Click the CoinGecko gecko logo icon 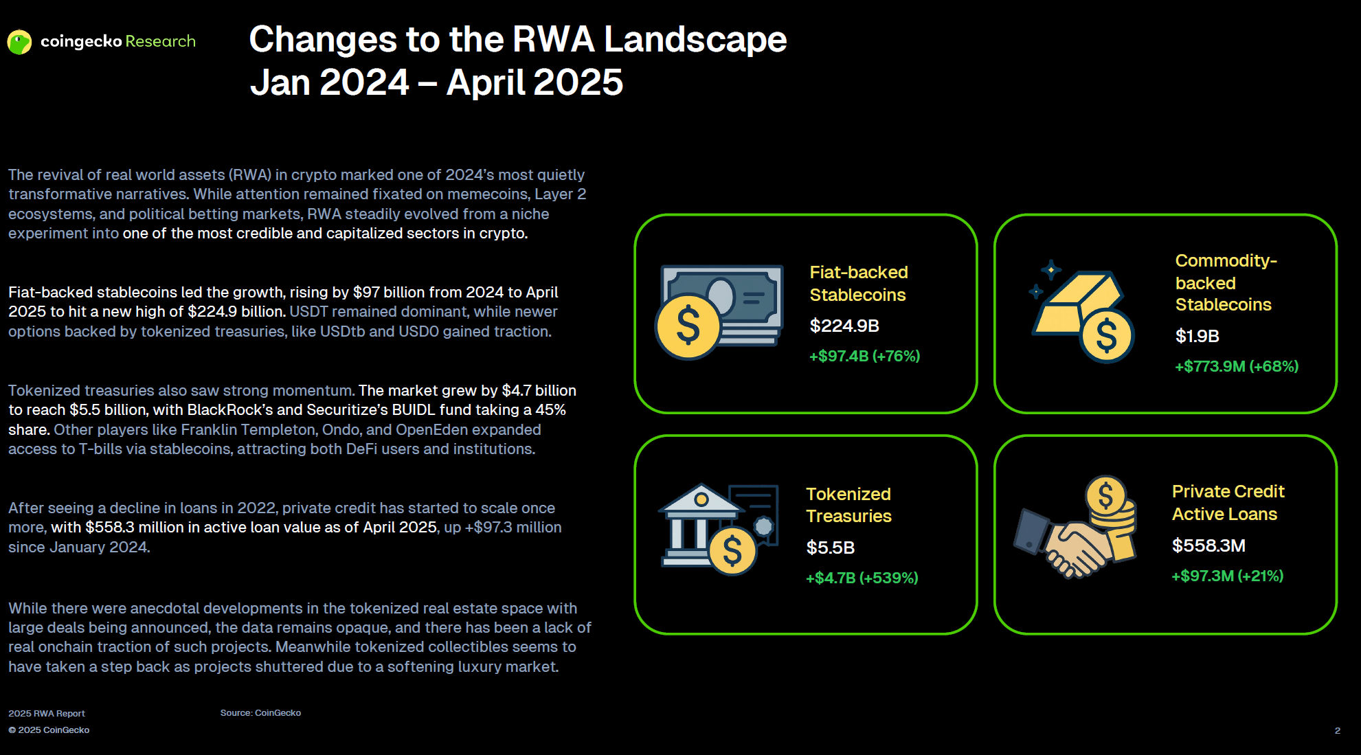pos(19,42)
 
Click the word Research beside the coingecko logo pos(160,41)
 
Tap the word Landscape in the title pos(695,39)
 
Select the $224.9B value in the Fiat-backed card pos(844,326)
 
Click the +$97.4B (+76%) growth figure pos(864,356)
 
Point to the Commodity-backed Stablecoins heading pos(1226,282)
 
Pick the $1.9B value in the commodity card pos(1197,336)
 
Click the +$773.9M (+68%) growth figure pos(1237,366)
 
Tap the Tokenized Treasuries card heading pos(848,505)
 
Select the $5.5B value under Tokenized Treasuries pos(830,548)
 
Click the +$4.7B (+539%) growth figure pos(862,578)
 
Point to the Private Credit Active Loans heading pos(1228,503)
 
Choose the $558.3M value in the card pos(1208,545)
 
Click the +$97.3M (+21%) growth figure pos(1227,576)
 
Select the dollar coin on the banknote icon pos(688,326)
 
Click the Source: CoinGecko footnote pos(260,713)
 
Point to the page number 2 pos(1337,730)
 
